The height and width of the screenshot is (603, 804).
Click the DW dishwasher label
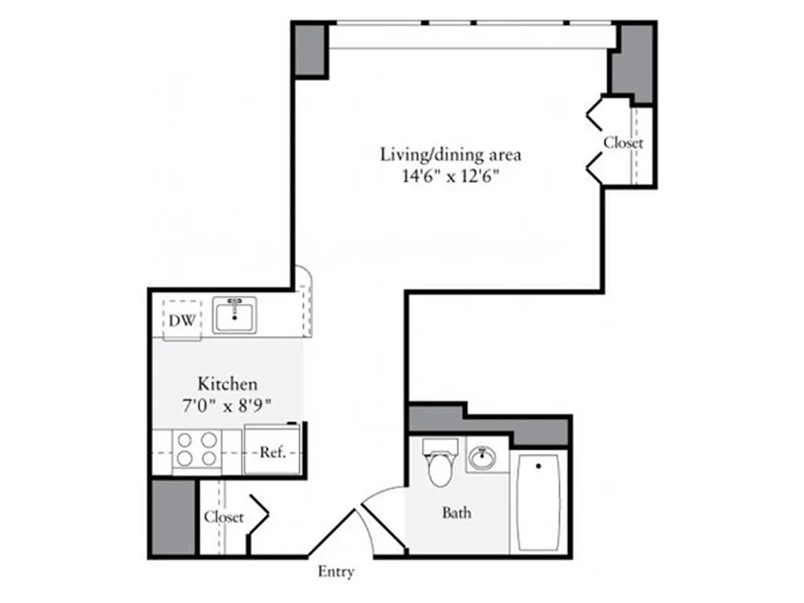(182, 320)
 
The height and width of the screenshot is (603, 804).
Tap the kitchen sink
(234, 315)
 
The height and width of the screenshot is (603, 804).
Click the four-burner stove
(197, 449)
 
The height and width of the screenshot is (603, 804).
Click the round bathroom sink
(481, 457)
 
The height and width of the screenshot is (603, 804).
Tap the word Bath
(457, 513)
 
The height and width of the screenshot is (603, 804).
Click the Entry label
(336, 572)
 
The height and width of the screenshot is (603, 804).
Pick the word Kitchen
(228, 383)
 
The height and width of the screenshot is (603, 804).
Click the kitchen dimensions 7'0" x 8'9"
(228, 404)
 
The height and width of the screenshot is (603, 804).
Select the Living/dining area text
(451, 156)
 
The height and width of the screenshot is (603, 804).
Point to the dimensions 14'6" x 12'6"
(451, 178)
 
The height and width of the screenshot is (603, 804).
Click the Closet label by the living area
(623, 142)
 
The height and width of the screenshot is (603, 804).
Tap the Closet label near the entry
(224, 517)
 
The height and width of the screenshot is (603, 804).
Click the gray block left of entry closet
(173, 518)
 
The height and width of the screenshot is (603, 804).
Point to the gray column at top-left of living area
(309, 50)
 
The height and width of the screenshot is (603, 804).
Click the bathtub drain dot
(538, 467)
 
